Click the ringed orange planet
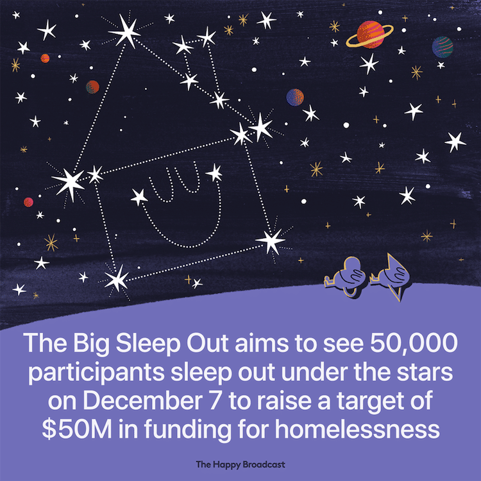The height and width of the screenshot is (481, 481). (370, 35)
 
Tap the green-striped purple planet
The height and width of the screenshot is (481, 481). (443, 47)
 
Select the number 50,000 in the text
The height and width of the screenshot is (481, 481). (414, 343)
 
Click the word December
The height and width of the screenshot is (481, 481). (142, 401)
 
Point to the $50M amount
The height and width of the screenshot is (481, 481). (77, 429)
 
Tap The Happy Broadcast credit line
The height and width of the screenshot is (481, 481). (240, 464)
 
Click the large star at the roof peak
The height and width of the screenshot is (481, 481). (125, 31)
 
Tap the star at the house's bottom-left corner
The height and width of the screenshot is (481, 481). (116, 278)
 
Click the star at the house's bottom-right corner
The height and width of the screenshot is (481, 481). (271, 241)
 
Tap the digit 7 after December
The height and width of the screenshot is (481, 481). (215, 401)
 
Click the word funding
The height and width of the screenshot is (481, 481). (187, 429)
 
